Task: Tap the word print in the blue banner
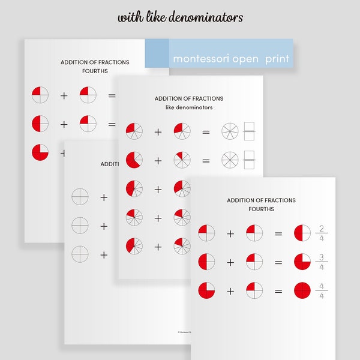coord(276,59)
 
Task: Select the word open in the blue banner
coord(242,59)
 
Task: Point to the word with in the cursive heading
coord(130,17)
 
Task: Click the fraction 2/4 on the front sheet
coord(322,233)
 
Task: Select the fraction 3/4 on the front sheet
coord(322,262)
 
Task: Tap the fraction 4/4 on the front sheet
coord(322,292)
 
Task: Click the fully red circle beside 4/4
coord(302,292)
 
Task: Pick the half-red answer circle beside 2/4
coord(302,233)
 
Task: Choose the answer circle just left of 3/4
coord(302,262)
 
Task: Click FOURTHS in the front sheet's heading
coord(261,209)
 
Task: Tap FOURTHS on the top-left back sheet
coord(95,71)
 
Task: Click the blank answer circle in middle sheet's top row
coord(230,131)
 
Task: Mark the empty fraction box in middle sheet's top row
coord(250,131)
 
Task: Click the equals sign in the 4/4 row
coord(278,292)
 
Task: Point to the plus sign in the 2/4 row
coord(230,233)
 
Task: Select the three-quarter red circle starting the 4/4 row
coord(206,291)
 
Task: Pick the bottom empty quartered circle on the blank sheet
coord(80,254)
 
